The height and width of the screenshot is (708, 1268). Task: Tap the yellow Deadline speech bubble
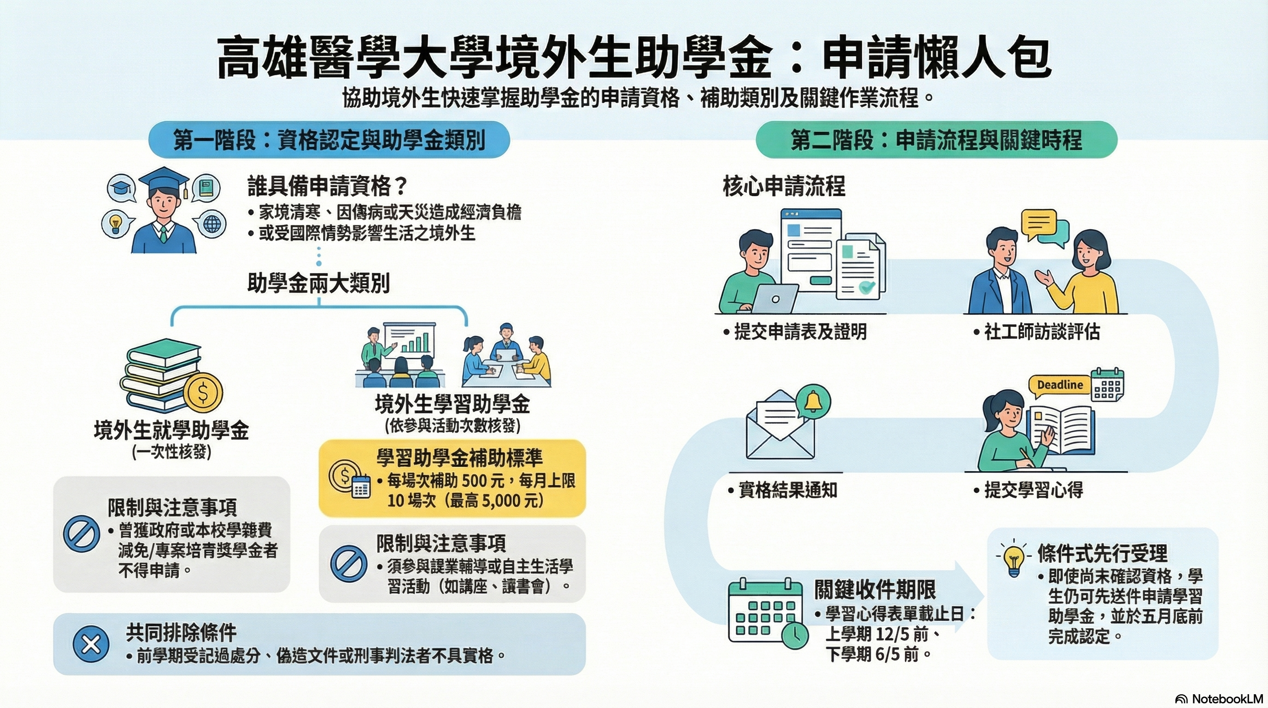coord(1060,385)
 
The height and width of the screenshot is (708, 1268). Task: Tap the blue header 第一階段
coord(329,140)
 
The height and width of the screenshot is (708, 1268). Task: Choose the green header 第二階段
coord(936,140)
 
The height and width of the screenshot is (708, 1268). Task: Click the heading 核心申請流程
coord(784,186)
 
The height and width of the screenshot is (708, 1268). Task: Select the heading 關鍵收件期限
coord(875,589)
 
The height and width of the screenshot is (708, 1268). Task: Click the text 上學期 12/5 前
coord(877,634)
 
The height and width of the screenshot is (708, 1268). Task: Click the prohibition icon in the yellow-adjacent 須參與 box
coord(348,563)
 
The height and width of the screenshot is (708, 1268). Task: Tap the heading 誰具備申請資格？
coord(327,186)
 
